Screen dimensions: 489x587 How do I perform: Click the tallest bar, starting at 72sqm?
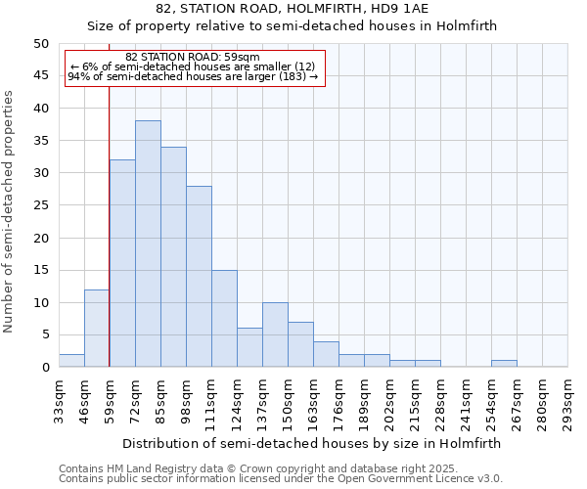[x=148, y=244]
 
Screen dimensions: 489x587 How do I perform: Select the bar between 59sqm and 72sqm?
[x=122, y=263]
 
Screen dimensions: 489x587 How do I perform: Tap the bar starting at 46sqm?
[x=97, y=329]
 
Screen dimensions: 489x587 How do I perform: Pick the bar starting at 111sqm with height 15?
[x=224, y=319]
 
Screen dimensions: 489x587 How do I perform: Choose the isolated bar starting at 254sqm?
[x=504, y=364]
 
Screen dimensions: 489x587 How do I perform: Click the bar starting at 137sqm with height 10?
[x=275, y=334]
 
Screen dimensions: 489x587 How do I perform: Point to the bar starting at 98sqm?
[x=199, y=277]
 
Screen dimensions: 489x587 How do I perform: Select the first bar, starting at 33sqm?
[x=71, y=361]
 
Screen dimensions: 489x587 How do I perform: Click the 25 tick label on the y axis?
[x=40, y=205]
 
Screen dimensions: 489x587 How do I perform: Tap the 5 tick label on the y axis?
[x=44, y=335]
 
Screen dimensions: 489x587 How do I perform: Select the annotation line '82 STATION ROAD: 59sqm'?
[x=193, y=58]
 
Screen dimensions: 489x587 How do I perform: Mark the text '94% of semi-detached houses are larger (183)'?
[x=193, y=76]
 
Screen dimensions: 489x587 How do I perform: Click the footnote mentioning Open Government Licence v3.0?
[x=280, y=478]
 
